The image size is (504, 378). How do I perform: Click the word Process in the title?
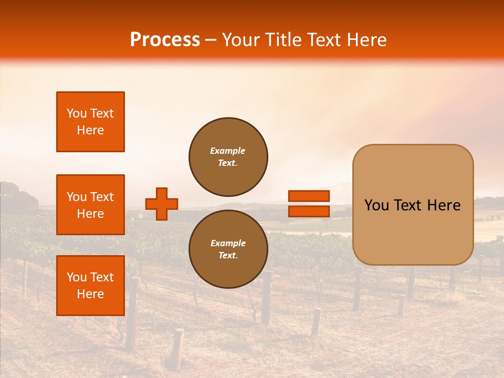165,40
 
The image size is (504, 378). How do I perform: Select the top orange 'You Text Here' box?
90,122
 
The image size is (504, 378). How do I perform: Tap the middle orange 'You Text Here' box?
90,205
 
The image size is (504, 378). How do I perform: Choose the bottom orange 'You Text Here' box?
90,286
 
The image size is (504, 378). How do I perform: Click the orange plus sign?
162,204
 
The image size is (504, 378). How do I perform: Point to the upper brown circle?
228,156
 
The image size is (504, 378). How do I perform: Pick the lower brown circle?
228,249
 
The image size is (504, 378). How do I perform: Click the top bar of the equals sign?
309,196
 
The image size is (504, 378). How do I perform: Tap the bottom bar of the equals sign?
309,211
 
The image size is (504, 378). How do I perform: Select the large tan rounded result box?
413,205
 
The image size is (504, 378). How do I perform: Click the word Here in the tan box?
444,205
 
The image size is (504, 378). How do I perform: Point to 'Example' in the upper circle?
228,151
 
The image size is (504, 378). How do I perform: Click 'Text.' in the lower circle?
228,256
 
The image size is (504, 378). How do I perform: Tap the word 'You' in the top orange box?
77,113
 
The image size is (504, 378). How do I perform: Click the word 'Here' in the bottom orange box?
90,294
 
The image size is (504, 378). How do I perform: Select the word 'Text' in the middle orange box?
101,197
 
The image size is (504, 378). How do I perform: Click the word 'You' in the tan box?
376,205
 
